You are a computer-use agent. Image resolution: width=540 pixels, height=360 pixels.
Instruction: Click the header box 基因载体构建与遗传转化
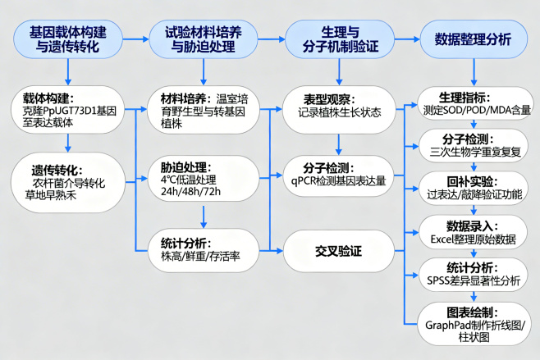click(x=69, y=39)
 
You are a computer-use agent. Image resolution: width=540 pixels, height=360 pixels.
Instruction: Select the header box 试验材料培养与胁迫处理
click(x=204, y=39)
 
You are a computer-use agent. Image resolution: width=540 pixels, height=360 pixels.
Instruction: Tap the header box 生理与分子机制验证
click(x=337, y=39)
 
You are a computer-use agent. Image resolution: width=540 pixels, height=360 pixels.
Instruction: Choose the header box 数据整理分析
click(x=472, y=39)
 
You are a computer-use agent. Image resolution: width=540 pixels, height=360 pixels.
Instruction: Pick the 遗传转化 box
click(x=69, y=177)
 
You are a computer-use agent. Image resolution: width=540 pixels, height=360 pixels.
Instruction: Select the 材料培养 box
click(x=204, y=112)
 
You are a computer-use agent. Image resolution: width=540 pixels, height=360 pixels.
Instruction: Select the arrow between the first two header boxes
click(x=136, y=39)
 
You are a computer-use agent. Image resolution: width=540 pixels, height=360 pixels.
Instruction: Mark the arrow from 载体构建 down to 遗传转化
click(x=69, y=143)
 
